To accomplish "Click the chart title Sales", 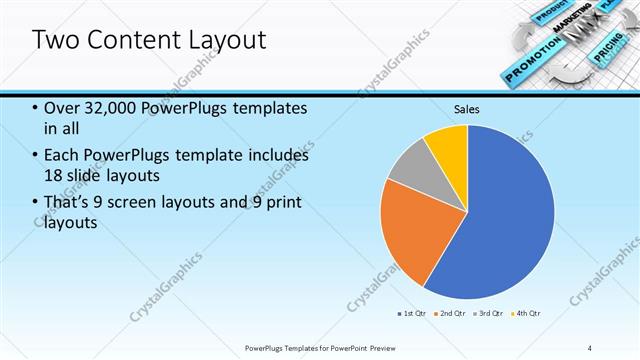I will point(467,108).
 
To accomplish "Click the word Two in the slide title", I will point(54,40).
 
